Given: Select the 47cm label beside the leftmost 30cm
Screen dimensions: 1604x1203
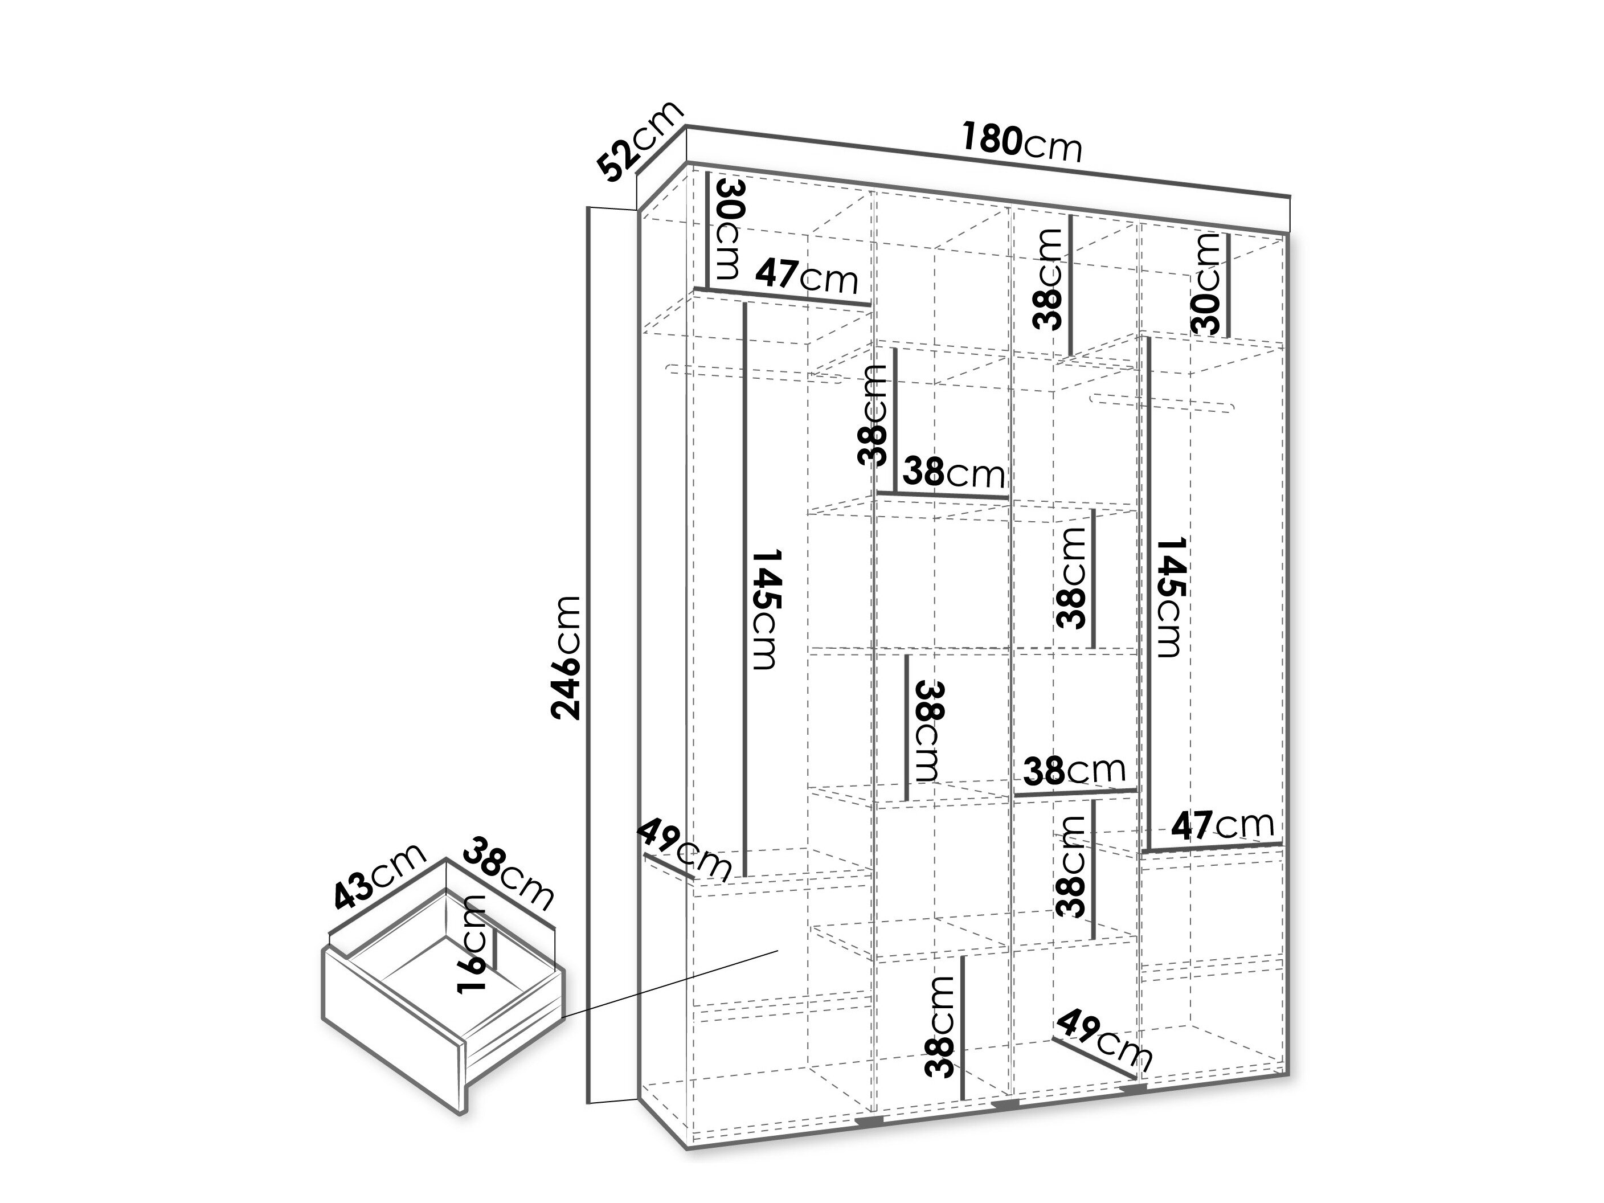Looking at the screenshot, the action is [x=807, y=276].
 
